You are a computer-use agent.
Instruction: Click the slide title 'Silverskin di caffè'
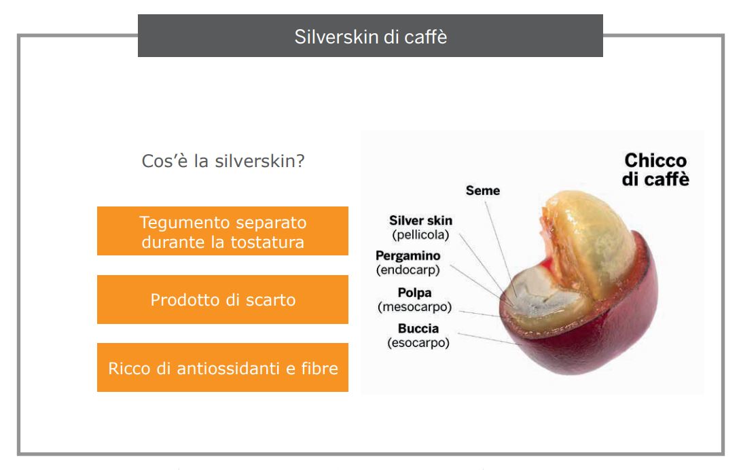(371, 37)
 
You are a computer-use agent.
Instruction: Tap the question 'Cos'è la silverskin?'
(223, 161)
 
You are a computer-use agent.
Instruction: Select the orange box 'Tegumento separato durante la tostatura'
(223, 231)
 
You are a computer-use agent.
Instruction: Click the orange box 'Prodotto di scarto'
(223, 300)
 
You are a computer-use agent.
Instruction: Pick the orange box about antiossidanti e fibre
(223, 367)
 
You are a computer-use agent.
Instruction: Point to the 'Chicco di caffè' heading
(655, 170)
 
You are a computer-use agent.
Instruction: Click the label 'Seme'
(482, 190)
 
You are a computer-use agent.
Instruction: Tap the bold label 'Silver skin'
(420, 221)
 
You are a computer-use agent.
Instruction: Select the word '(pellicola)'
(420, 235)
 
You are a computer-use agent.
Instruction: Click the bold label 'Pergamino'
(408, 256)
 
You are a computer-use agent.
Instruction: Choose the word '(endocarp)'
(408, 270)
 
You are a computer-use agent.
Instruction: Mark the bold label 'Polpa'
(414, 293)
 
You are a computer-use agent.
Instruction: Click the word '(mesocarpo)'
(414, 307)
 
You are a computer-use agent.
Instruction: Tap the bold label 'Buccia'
(418, 328)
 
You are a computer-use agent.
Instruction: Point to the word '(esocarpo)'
(418, 342)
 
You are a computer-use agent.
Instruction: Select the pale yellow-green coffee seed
(591, 236)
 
